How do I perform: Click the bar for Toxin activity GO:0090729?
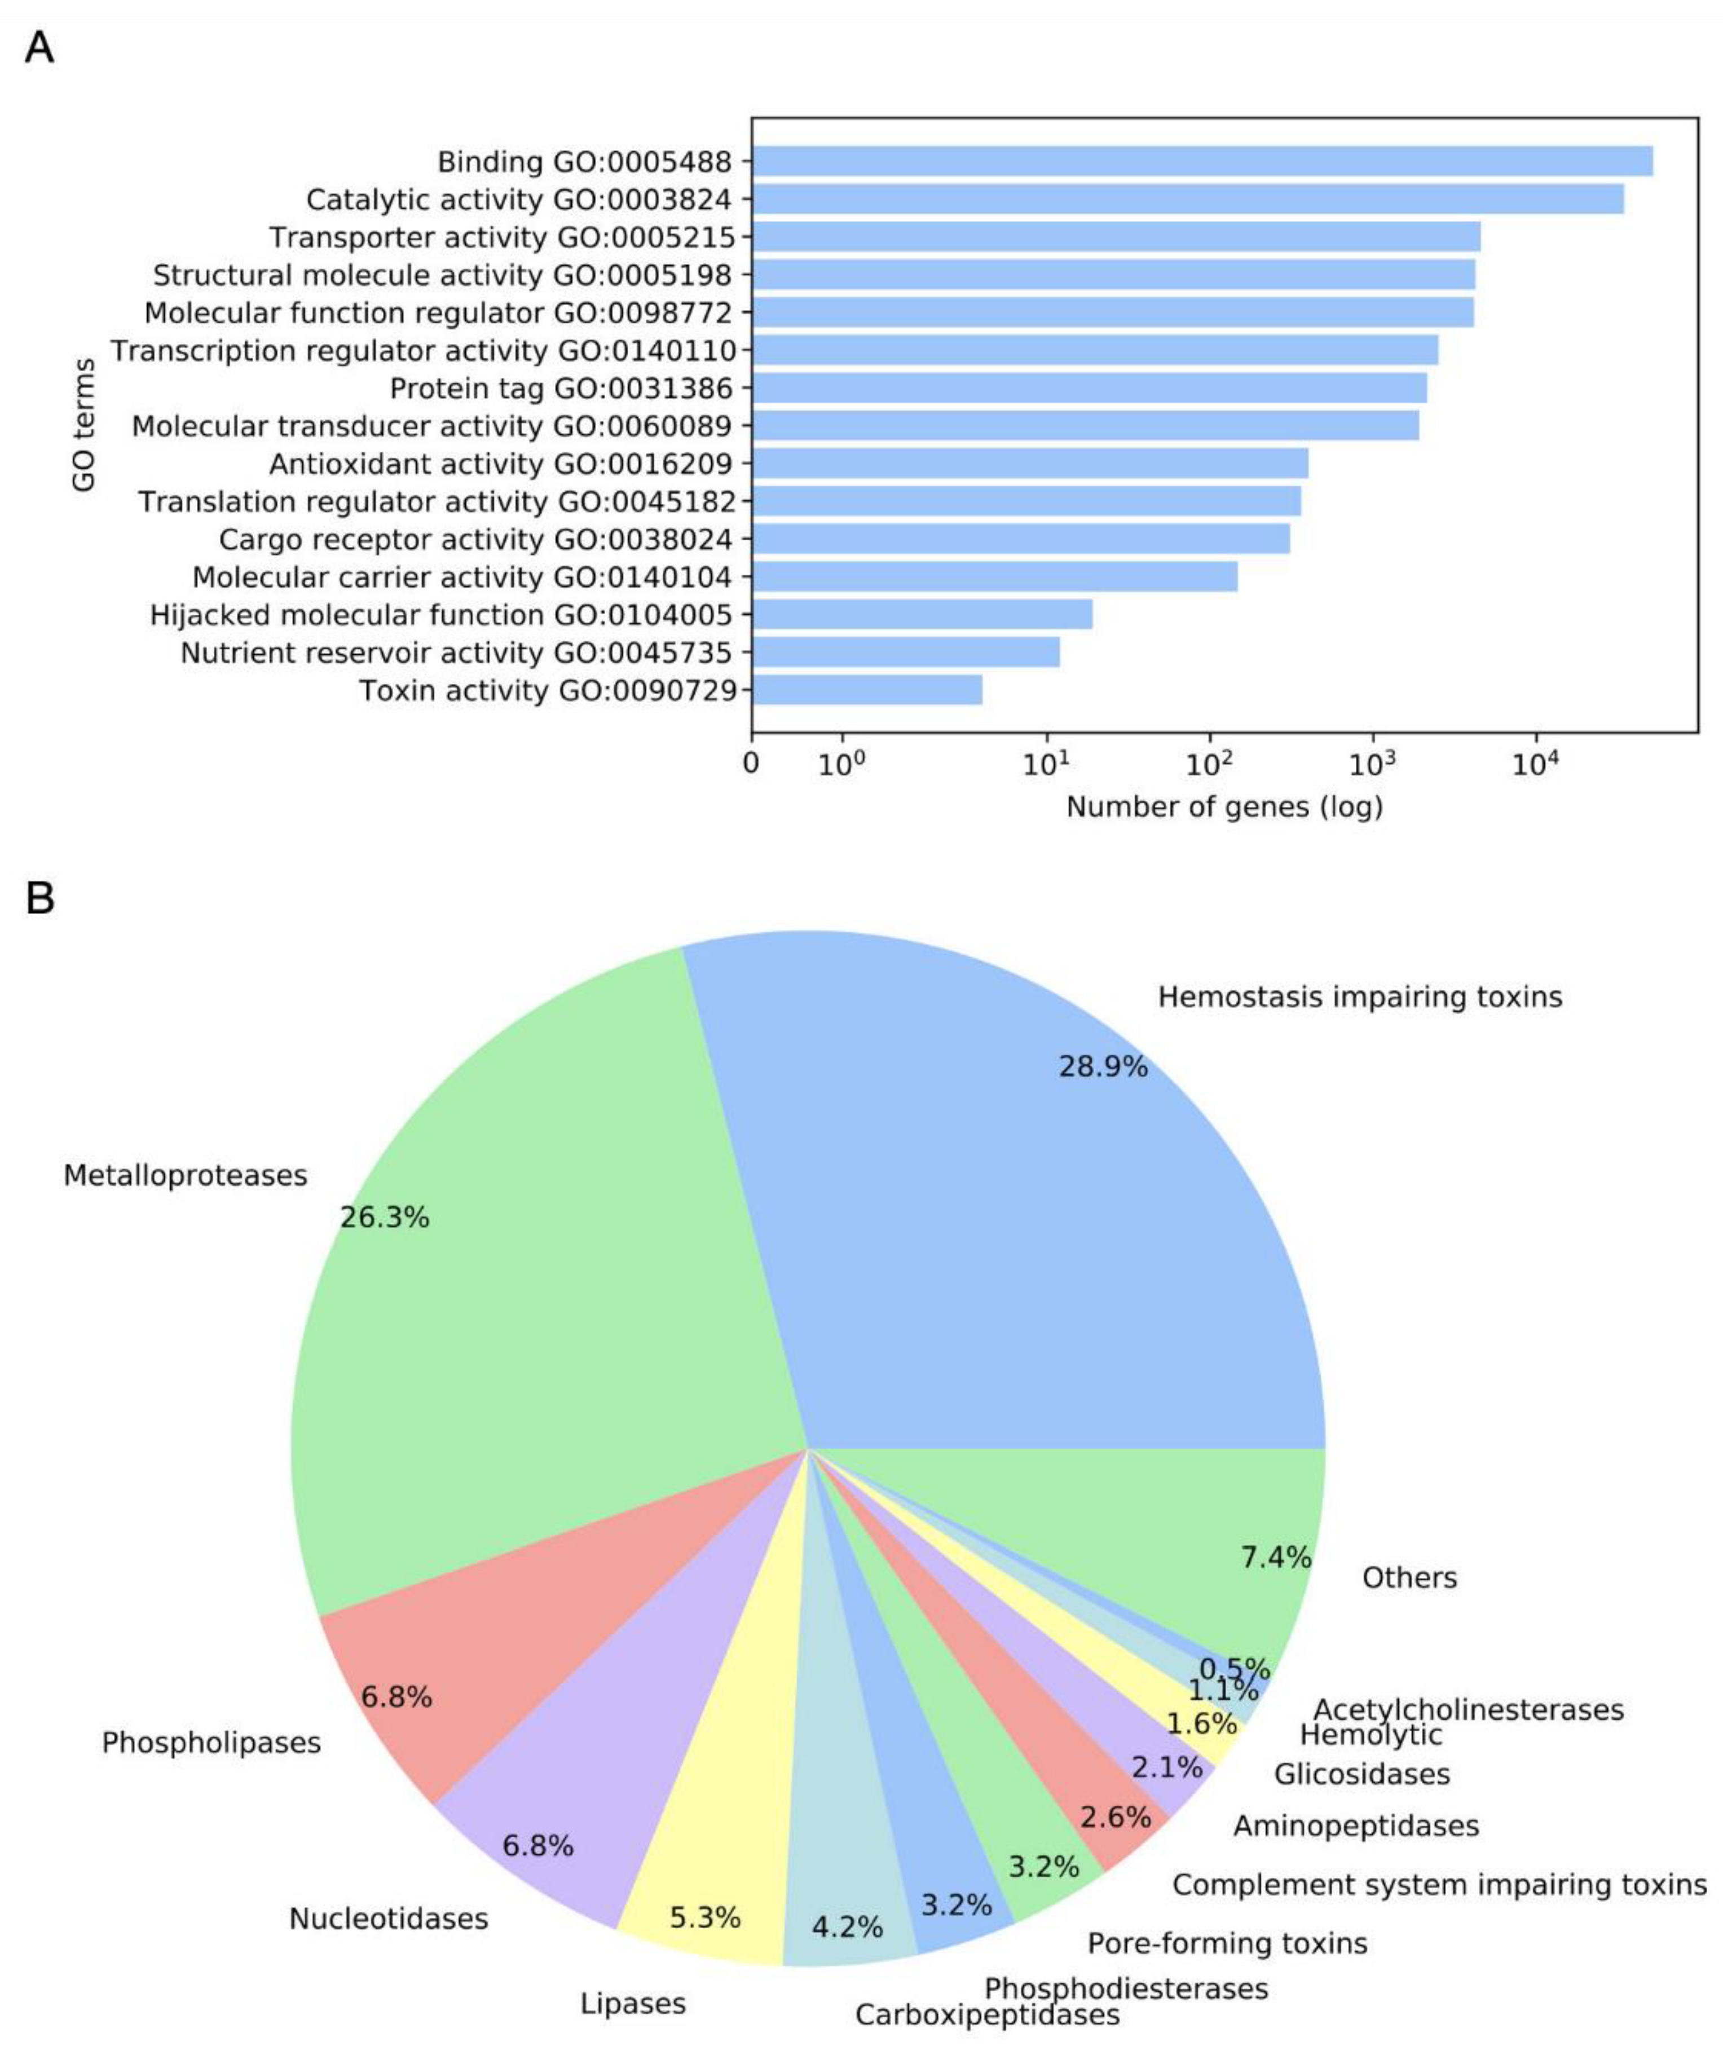[867, 690]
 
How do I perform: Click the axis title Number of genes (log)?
[1224, 808]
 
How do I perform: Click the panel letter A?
[39, 47]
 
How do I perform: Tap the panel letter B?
[39, 896]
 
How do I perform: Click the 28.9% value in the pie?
[1103, 1066]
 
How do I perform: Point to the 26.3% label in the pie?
[385, 1218]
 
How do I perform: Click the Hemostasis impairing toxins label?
[1360, 997]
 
